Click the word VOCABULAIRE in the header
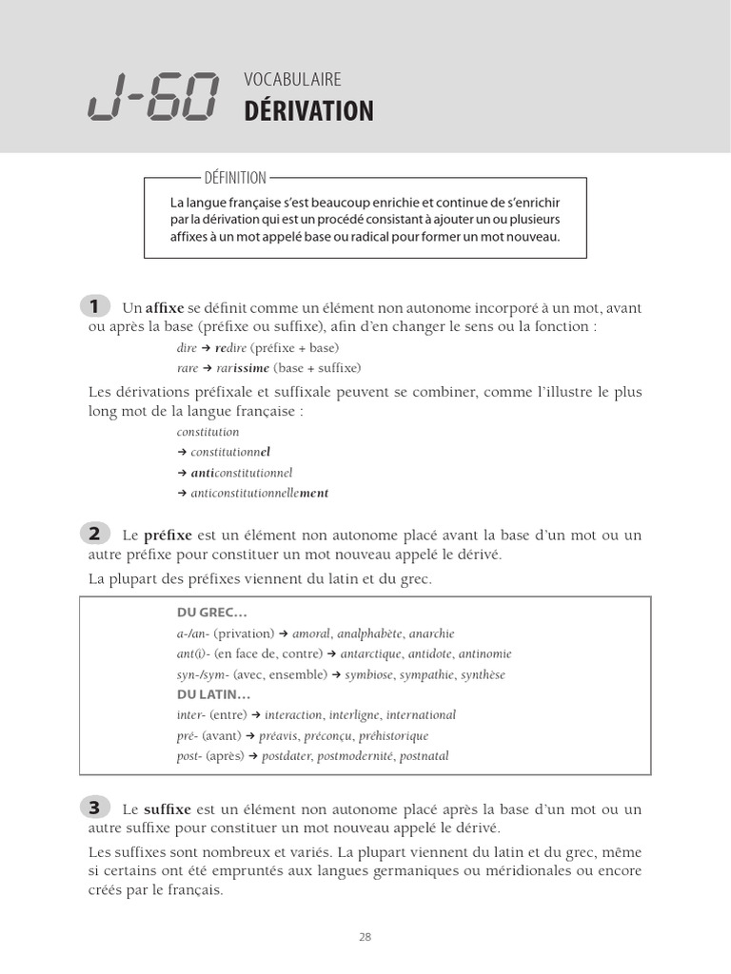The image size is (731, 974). click(292, 80)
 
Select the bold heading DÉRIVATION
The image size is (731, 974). click(308, 111)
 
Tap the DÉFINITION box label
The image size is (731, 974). click(235, 178)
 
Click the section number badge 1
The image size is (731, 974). click(94, 305)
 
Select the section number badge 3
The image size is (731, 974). click(94, 808)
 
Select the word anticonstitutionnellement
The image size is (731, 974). click(259, 493)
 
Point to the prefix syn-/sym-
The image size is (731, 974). click(198, 674)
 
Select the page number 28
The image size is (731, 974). click(365, 936)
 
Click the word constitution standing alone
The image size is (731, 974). click(208, 432)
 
